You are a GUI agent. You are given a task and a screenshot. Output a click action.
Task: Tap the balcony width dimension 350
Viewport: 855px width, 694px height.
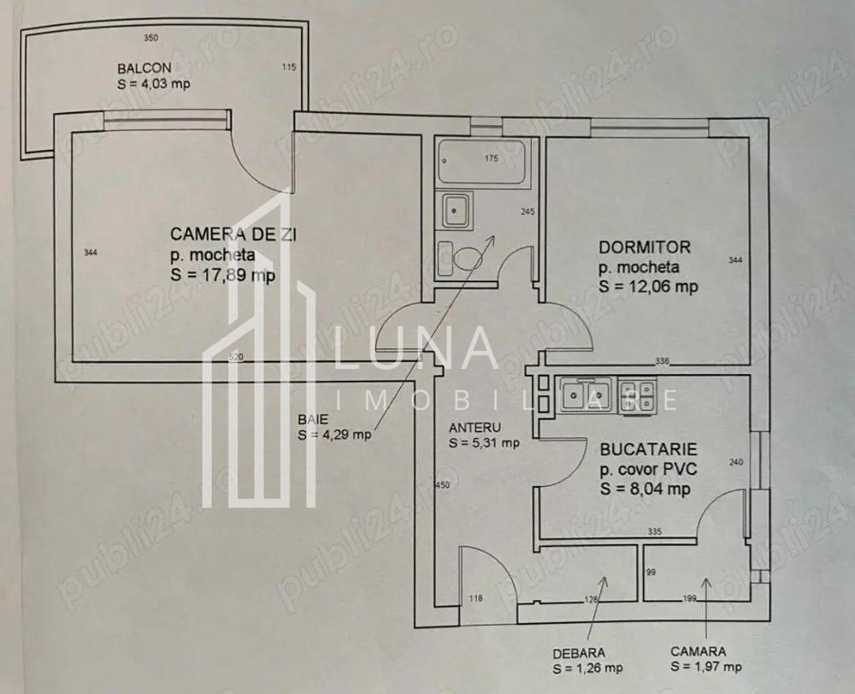[151, 39]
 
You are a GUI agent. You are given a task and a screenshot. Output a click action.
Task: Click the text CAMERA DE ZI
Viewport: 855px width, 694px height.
[224, 234]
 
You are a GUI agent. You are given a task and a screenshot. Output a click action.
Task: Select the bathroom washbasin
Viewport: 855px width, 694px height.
[454, 210]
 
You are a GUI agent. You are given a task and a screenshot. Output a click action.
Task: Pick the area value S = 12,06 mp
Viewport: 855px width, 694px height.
[648, 287]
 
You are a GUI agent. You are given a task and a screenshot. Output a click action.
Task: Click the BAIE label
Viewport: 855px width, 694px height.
[310, 419]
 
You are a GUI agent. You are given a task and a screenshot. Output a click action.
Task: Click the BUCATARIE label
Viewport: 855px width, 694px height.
[648, 448]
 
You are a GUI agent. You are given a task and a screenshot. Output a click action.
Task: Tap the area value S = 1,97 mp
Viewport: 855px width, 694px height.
[705, 667]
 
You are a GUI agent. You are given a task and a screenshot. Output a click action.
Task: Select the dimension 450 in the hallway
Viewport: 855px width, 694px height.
[442, 485]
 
